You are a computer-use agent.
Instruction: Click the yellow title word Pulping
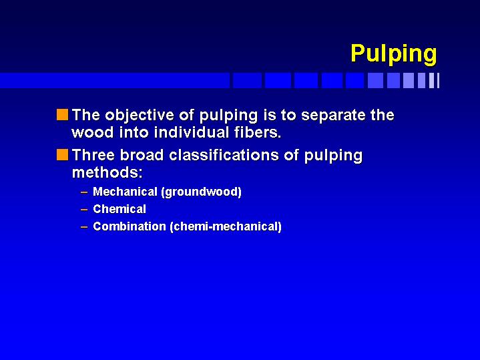click(x=394, y=54)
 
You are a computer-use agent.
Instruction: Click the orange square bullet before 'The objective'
click(x=63, y=115)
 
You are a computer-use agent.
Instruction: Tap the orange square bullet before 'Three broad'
click(x=63, y=155)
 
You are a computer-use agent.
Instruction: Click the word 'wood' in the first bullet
click(x=92, y=133)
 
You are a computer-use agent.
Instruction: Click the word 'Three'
click(x=93, y=155)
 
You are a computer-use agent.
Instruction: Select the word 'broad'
click(x=142, y=155)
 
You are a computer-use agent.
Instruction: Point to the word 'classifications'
click(x=224, y=155)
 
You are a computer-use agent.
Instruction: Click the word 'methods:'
click(x=107, y=173)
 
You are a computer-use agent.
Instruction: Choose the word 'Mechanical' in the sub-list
click(x=125, y=192)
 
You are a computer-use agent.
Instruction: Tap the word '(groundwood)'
click(x=201, y=192)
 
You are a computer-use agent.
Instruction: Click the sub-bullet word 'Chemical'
click(x=119, y=209)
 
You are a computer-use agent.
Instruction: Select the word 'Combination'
click(x=130, y=226)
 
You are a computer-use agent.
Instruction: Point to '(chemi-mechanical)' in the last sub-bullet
click(x=226, y=227)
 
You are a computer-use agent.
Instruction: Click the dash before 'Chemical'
click(x=84, y=210)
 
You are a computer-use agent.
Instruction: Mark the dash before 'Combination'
click(x=84, y=227)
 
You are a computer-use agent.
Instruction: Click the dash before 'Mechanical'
click(x=84, y=192)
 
